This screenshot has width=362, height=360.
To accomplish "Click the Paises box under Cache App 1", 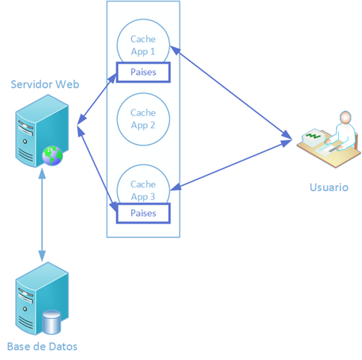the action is [x=143, y=72].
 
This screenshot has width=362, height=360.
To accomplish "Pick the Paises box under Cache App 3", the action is [x=143, y=213].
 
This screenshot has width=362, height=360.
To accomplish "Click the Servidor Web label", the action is [x=45, y=84].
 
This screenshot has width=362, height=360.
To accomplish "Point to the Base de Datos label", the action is [x=42, y=346].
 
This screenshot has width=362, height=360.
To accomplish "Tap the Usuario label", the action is [x=329, y=187].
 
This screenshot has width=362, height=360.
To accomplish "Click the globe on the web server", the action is [x=53, y=156].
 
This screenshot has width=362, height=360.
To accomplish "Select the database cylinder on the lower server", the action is [x=51, y=322].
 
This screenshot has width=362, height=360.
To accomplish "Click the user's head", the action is [x=345, y=118].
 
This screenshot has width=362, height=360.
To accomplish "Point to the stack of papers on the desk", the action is [x=313, y=137].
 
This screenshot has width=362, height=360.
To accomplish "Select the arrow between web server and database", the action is [x=42, y=214].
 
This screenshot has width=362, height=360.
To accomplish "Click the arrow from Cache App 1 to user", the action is [x=231, y=92].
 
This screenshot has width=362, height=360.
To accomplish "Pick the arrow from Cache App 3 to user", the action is [x=231, y=165].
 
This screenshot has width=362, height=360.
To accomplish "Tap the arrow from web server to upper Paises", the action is [x=97, y=99].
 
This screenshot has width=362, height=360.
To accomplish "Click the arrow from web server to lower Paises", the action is [x=97, y=169].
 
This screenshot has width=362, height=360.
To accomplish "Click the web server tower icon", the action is [x=42, y=130].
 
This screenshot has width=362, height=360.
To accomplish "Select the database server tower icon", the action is [x=42, y=298].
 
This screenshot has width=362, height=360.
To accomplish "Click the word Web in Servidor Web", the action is [x=68, y=84].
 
